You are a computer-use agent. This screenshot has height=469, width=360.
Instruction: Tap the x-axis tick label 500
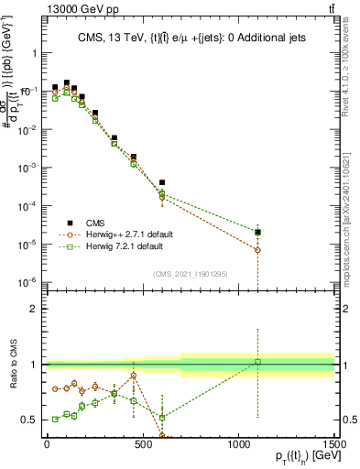142,445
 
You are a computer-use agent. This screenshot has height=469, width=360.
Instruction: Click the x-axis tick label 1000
238,445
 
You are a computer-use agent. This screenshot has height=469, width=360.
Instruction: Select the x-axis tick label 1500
333,445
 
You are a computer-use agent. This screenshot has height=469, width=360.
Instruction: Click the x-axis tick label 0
47,445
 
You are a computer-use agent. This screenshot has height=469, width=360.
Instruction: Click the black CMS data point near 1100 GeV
258,232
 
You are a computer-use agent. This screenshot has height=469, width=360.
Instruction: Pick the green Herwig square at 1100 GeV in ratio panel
258,362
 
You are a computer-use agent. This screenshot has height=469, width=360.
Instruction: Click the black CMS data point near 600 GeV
162,183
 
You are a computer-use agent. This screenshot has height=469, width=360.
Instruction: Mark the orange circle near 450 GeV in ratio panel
134,376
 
